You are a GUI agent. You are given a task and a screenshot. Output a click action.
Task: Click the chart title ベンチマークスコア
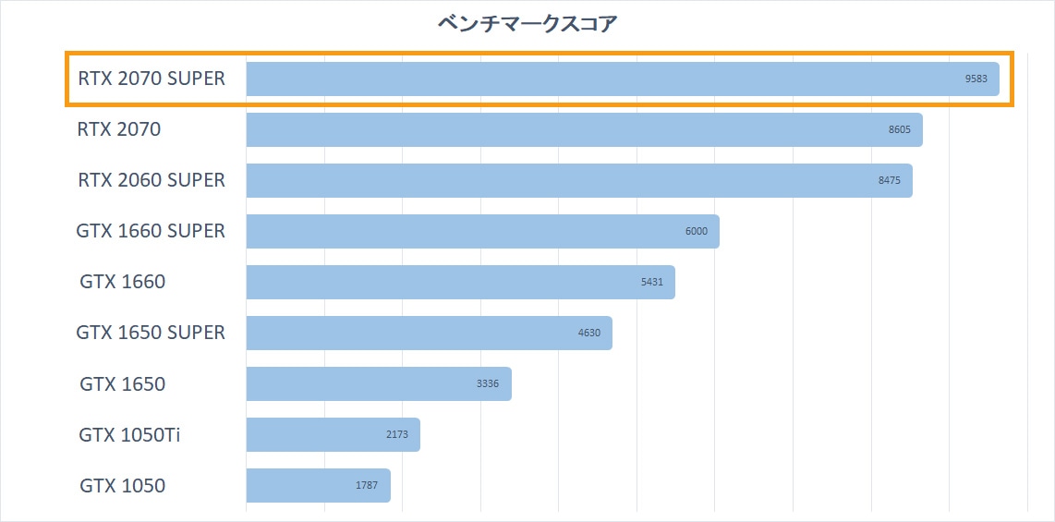coord(527,24)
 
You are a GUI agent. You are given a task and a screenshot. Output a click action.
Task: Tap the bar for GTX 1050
coord(318,486)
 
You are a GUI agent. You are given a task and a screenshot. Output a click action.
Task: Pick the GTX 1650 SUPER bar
coord(429,334)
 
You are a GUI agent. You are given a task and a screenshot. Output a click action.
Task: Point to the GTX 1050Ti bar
coord(333,435)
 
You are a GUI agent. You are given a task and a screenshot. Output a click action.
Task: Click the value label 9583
coord(976,79)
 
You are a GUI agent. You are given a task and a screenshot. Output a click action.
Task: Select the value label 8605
coord(899,130)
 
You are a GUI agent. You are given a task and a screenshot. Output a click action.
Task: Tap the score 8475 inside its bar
coord(889,181)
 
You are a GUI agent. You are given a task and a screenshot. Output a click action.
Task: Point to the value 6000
coord(697,232)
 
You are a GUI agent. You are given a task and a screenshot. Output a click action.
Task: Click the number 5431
coord(651,283)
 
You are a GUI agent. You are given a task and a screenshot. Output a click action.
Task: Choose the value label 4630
coord(589,334)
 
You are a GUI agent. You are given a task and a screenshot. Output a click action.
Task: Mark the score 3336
coord(488,384)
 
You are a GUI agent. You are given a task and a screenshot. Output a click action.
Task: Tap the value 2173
coord(396,435)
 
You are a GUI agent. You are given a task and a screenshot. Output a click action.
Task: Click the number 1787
coord(367,486)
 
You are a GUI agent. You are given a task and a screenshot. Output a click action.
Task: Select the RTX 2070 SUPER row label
coord(152,79)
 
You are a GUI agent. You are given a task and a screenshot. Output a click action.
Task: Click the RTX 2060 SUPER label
coord(152,180)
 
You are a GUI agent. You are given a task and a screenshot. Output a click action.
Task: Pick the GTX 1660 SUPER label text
coord(151,231)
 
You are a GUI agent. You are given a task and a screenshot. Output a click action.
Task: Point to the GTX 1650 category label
coord(123,383)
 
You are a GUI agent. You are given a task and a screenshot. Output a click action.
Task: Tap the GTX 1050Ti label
coord(129,434)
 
